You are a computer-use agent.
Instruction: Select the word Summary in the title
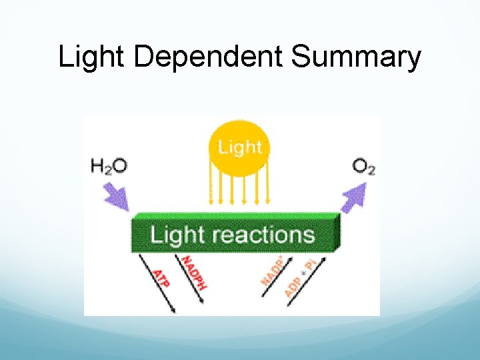point(356,57)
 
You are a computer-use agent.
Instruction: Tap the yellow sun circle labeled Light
point(240,147)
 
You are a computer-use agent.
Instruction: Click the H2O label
point(109,165)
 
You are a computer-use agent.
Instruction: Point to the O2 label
point(364,166)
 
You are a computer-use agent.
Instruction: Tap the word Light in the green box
point(177,235)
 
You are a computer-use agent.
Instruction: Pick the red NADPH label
point(195,272)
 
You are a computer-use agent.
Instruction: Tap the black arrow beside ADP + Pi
point(309,283)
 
